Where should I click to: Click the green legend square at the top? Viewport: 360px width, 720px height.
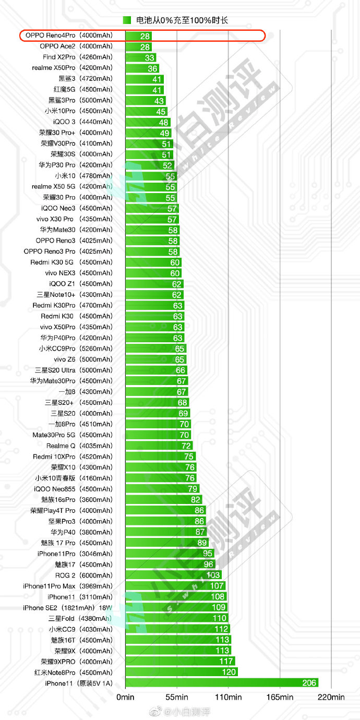tap(127, 20)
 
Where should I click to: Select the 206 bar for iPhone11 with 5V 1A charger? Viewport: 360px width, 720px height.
tap(222, 683)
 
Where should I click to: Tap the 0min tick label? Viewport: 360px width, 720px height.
tap(125, 697)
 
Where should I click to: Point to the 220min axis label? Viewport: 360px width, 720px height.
tap(331, 697)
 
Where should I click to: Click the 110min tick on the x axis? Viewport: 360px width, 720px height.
tap(228, 697)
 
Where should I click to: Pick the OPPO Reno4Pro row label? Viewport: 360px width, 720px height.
tap(69, 35)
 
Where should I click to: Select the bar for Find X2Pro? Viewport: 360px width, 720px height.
tap(141, 57)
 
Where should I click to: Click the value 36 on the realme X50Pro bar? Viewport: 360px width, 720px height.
tap(152, 68)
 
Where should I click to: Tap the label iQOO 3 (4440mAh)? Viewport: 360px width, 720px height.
tap(83, 122)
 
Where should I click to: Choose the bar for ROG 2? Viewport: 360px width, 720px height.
tap(173, 575)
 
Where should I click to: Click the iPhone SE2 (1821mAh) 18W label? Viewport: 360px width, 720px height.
tap(67, 608)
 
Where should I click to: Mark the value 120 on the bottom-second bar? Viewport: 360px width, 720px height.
tap(229, 672)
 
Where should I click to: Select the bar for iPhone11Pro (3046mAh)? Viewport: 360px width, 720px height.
tap(170, 553)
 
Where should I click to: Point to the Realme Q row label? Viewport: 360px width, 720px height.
tap(79, 446)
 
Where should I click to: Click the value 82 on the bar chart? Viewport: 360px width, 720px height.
tap(196, 499)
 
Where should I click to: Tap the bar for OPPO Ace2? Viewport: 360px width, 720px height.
tap(139, 47)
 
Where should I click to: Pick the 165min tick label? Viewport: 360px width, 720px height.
tap(280, 697)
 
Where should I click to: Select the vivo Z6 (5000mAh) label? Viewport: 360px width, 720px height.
tap(83, 359)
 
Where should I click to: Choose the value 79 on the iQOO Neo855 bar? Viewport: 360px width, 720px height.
tap(193, 489)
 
